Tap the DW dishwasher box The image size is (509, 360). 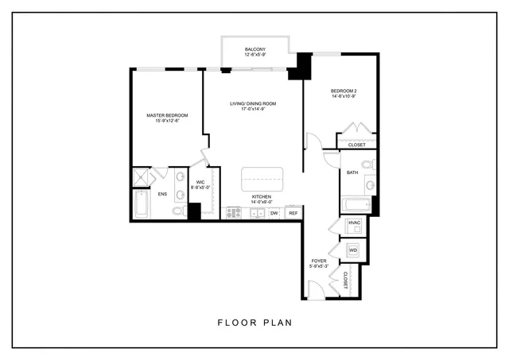pos(274,213)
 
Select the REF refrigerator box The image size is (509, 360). pos(293,213)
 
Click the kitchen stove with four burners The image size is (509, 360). pos(234,213)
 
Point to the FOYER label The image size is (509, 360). pos(319,263)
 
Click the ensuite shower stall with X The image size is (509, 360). pos(141,176)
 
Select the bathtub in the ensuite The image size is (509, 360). pos(141,205)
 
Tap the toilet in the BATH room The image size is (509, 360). pos(367,164)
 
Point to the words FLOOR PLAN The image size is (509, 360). pos(254,323)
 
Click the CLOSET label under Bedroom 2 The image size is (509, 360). pos(357,145)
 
